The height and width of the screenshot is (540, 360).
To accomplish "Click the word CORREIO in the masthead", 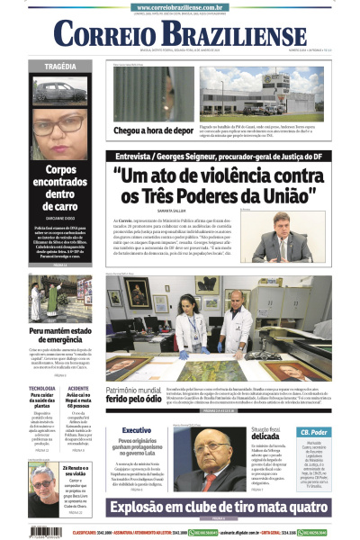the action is click(102, 37).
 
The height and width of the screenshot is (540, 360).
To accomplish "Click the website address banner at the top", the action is click(181, 6).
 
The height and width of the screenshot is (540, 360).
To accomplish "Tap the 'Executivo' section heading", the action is click(136, 431).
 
